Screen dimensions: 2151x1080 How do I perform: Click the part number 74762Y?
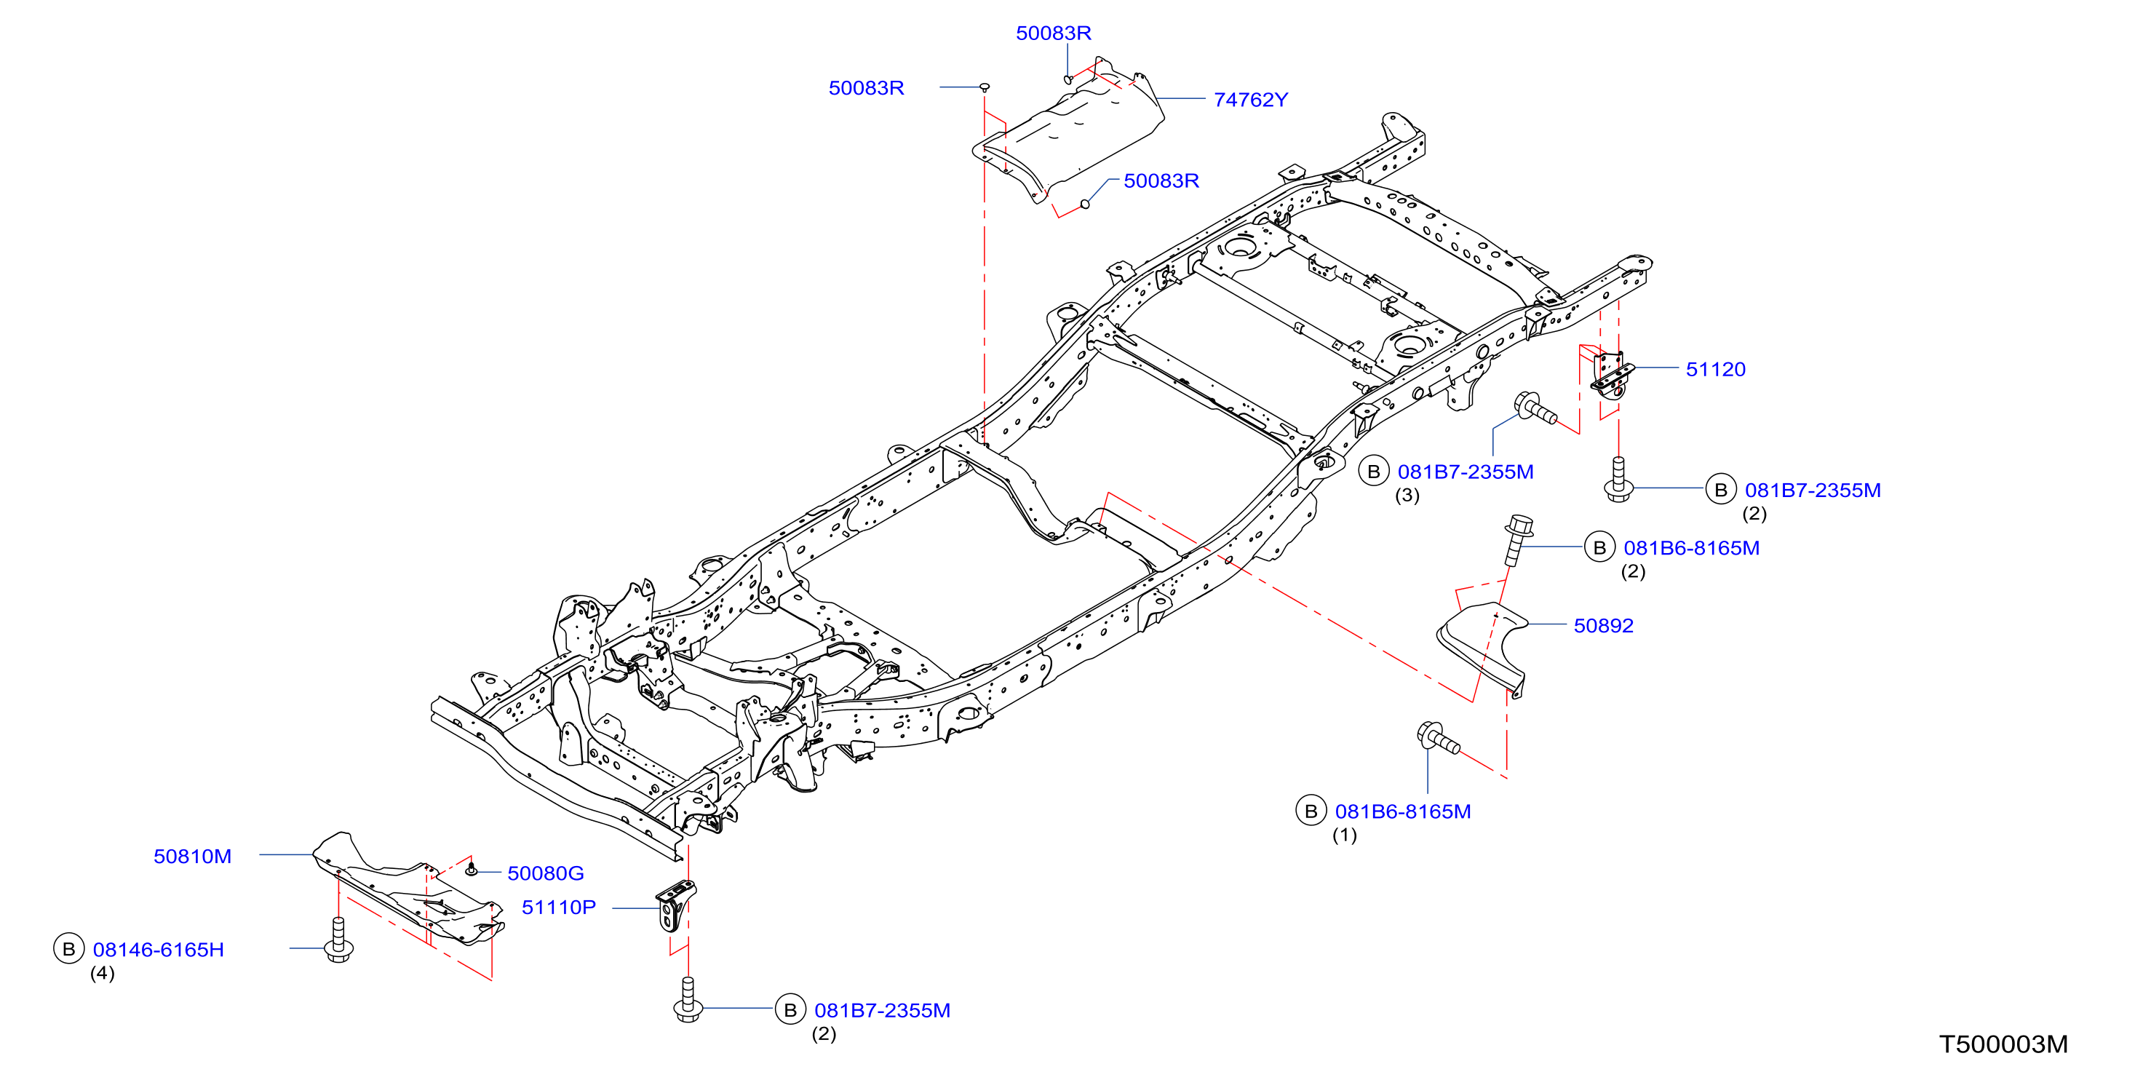[1250, 100]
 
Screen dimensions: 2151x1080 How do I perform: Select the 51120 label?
[1715, 369]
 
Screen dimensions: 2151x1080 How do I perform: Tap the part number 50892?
[1603, 626]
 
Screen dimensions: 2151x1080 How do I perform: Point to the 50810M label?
[192, 856]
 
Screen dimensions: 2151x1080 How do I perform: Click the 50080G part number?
[545, 873]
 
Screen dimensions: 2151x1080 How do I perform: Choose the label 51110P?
[559, 907]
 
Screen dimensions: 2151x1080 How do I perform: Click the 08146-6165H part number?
[159, 950]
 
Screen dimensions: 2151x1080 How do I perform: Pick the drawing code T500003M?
[2003, 1044]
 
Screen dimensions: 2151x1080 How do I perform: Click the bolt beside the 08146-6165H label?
[338, 940]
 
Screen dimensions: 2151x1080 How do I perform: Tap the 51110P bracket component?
[675, 906]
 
